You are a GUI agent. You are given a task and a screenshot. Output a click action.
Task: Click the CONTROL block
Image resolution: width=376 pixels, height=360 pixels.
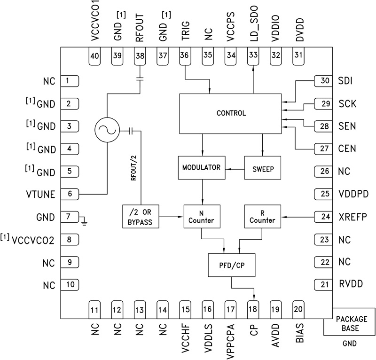coord(231,113)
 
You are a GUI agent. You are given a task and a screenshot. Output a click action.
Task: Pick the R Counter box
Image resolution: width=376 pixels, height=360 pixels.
coord(262,217)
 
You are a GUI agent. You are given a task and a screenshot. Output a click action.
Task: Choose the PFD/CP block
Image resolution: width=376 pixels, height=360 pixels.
coord(231,265)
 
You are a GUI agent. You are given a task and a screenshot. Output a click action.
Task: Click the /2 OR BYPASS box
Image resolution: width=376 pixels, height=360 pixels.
coord(140,217)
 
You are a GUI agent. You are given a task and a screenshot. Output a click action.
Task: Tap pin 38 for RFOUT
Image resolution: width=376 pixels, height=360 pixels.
coord(140,56)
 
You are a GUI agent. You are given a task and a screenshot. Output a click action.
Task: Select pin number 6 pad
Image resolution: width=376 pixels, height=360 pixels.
coord(69,194)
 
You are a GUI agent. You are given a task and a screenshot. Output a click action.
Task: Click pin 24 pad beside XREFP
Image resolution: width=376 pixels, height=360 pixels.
coord(324,217)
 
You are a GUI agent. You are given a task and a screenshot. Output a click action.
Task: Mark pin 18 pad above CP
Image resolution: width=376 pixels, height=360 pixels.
coord(253,309)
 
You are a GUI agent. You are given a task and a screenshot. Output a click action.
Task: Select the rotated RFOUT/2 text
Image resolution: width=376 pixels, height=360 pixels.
coord(136,167)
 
